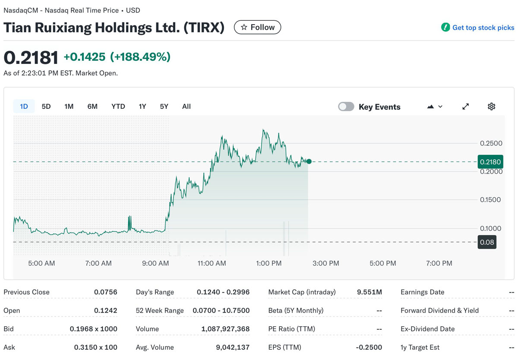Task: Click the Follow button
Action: (257, 27)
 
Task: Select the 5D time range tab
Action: (46, 106)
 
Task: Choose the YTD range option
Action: (118, 106)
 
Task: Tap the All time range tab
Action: (186, 106)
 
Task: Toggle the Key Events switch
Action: (346, 107)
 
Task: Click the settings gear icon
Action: (491, 107)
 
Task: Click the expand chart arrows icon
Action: (465, 107)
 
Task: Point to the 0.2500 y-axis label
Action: (491, 143)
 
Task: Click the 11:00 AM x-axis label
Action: (212, 263)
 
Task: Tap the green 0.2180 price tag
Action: (490, 162)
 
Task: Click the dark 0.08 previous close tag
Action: (486, 242)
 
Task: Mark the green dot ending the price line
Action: (309, 161)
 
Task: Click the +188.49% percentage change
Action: (140, 57)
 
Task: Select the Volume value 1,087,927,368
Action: (225, 329)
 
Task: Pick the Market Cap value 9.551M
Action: (369, 292)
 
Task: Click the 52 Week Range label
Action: (160, 310)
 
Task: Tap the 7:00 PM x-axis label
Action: (439, 263)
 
